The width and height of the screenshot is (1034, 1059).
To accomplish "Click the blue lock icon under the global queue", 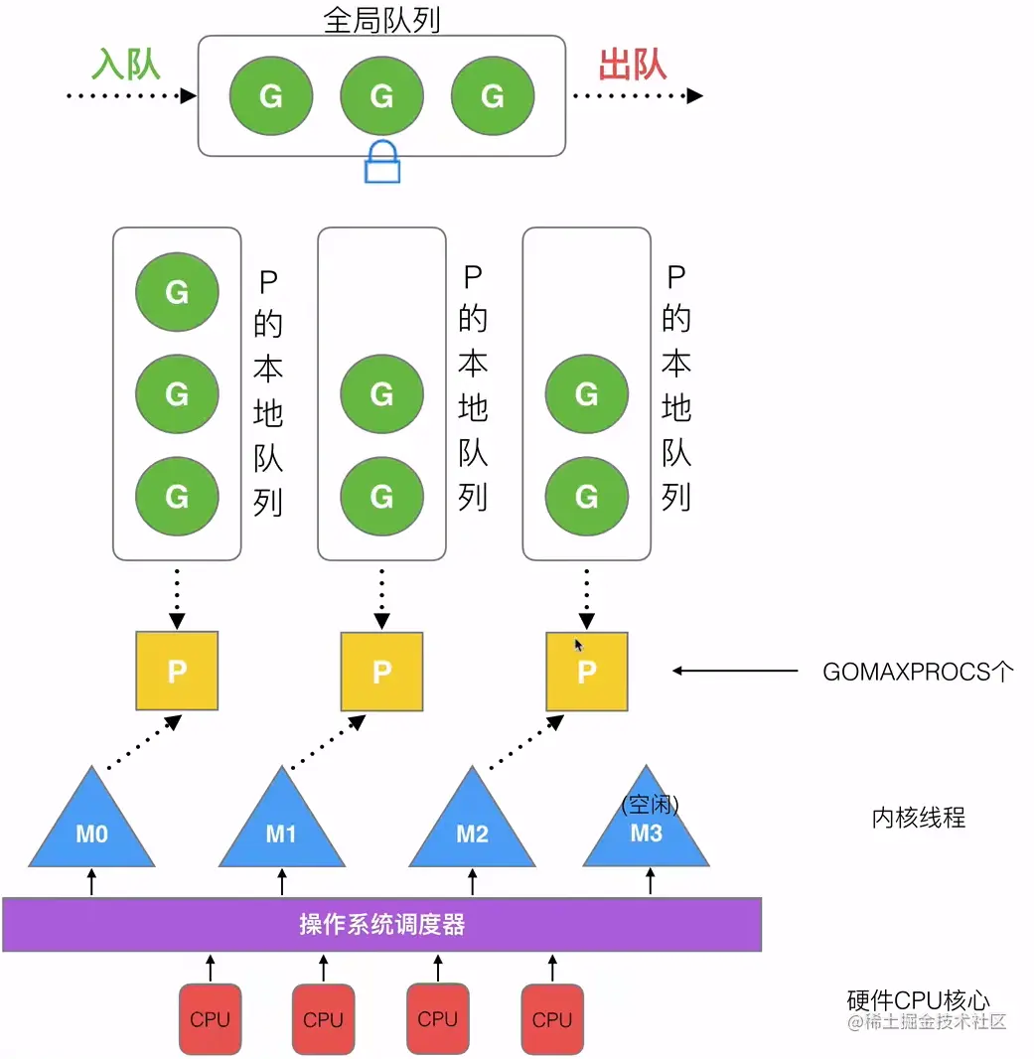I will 382,162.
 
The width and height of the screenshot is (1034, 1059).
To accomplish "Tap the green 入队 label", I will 126,66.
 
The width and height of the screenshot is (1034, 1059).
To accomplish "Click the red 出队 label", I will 633,66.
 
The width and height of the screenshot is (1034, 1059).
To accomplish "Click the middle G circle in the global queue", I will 381,96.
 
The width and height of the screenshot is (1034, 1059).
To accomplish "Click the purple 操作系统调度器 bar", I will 381,925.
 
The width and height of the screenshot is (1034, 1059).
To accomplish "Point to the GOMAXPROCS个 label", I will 918,672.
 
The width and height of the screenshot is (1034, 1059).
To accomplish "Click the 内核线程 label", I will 918,818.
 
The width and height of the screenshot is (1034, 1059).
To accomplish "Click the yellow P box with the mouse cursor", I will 587,672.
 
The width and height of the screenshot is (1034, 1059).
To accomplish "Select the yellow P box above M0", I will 177,672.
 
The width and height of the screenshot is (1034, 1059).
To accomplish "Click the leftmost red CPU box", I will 210,1018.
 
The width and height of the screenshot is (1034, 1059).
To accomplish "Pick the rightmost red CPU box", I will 551,1018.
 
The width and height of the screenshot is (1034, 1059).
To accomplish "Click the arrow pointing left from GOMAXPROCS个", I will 735,672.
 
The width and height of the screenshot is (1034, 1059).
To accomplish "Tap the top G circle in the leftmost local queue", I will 177,293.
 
